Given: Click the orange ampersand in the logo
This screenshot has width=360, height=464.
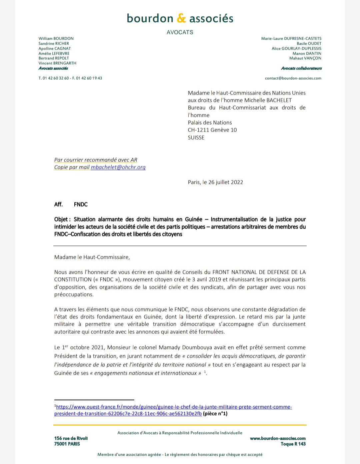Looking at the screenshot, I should pos(181,19).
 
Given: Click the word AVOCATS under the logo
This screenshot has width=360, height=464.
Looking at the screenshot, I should pos(180,32).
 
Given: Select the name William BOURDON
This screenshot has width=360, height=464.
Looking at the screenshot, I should pos(56,39).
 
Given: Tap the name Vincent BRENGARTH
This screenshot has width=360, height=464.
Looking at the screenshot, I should pos(57,63).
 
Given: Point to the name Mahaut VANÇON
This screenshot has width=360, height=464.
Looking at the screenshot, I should pos(305,58).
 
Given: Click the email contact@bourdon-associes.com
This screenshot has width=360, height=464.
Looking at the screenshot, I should pos(293,78).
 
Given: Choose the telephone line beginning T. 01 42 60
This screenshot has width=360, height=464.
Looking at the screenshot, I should pos(70,78).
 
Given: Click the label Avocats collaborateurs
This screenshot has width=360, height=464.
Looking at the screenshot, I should pos(301,68).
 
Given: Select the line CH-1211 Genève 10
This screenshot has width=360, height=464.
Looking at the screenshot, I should pos(212,130).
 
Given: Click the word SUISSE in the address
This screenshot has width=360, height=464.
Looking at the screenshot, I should pos(196,138).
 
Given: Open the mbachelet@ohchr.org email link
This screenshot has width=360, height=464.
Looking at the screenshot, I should pos(118,167).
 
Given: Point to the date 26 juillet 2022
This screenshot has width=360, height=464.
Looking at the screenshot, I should pos(226,182).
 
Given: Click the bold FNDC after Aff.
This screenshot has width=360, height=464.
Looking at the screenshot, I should pos(81,205).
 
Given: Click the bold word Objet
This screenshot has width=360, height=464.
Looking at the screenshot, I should pos(62,220).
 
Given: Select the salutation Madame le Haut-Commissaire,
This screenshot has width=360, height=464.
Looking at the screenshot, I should pos(92,257).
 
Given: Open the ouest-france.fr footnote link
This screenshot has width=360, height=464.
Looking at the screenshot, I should pos(173,407).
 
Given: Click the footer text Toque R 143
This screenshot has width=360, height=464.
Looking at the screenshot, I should pos(293,444).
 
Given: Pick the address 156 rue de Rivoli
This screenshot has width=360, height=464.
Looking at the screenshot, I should pos(71,438).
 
